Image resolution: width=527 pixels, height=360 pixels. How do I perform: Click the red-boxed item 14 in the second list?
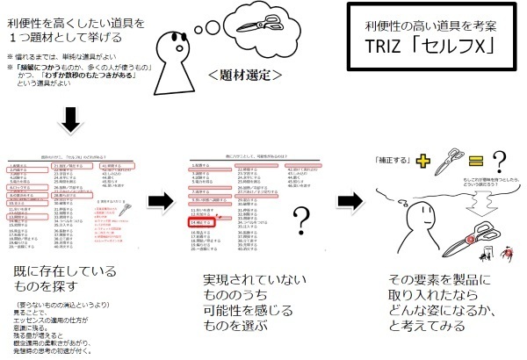point(200,224)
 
